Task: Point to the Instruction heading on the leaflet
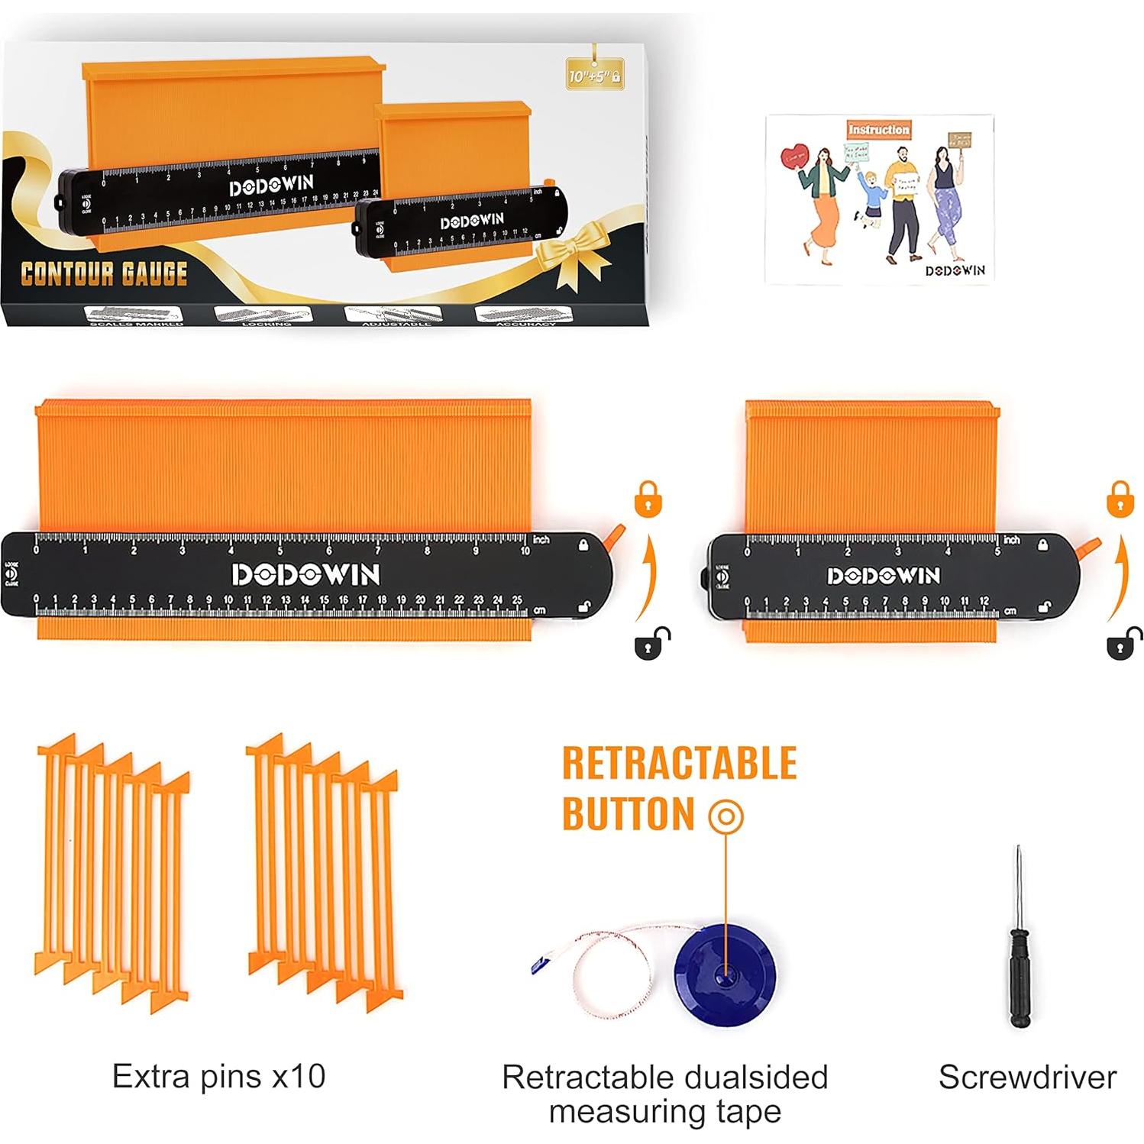point(878,130)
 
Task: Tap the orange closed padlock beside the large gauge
point(648,499)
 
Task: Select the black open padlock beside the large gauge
point(651,643)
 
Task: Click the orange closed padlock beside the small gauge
point(1120,499)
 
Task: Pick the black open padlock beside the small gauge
point(1123,643)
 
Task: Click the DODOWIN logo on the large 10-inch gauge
point(305,574)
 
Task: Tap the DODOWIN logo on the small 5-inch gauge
point(884,575)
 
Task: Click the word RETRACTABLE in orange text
point(680,764)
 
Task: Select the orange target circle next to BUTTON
point(726,816)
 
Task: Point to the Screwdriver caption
point(1027,1078)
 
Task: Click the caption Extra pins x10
point(219,1076)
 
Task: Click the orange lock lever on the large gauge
point(616,535)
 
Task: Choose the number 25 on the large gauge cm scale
point(517,600)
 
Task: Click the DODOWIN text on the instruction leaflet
point(955,270)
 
